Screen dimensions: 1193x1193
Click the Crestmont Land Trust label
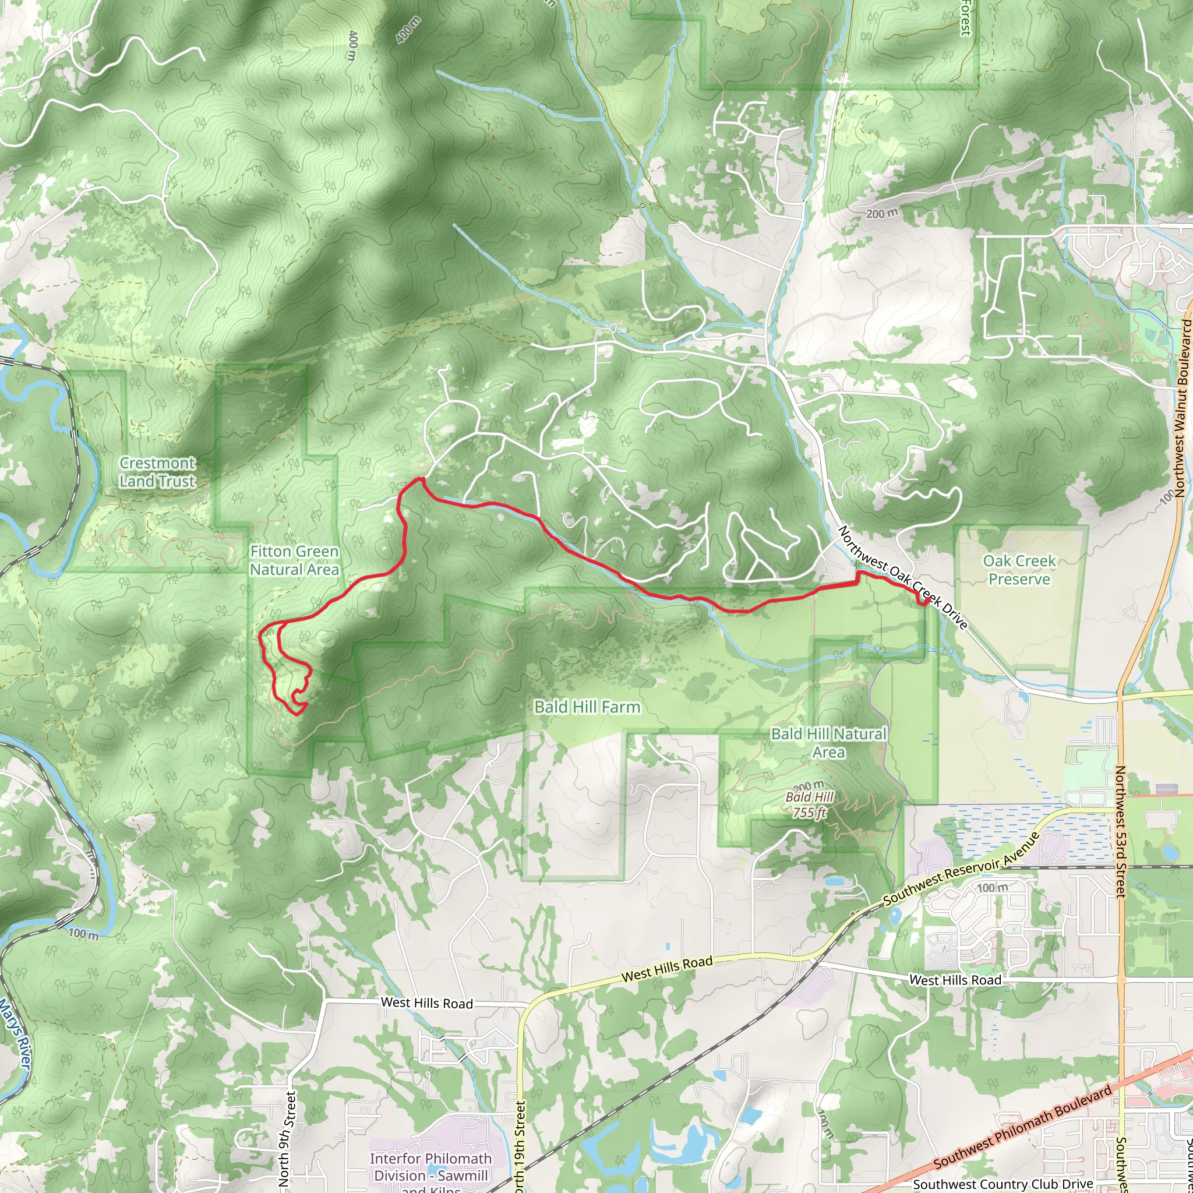[x=157, y=472]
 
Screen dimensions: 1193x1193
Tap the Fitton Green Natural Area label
[x=295, y=560]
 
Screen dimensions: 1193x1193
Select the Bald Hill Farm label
[x=587, y=707]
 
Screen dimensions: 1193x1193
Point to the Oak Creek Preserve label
[x=1019, y=570]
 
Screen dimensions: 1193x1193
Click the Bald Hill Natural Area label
[x=829, y=743]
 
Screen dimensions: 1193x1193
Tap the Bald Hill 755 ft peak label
[x=810, y=805]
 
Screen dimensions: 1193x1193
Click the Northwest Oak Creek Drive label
[x=903, y=578]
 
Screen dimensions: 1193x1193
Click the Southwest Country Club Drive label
[x=1003, y=1184]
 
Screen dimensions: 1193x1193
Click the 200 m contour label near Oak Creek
[x=882, y=214]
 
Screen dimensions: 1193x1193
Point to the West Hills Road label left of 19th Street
[x=426, y=1003]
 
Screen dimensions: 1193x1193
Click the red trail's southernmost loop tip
[x=297, y=714]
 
